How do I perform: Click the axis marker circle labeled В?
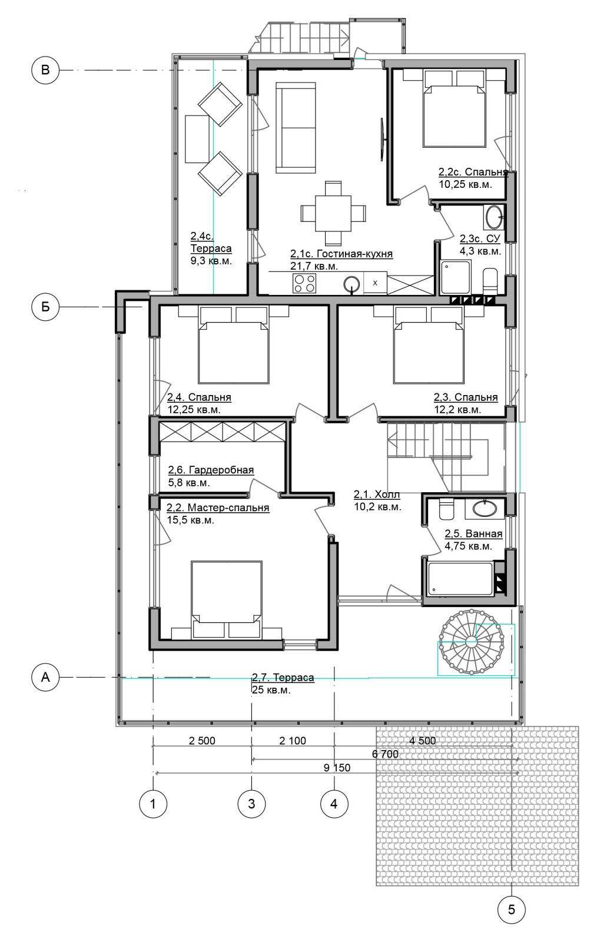pyautogui.click(x=45, y=70)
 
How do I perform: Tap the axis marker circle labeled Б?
pyautogui.click(x=45, y=307)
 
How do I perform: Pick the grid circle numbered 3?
pyautogui.click(x=251, y=804)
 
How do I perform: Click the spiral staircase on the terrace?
pyautogui.click(x=471, y=641)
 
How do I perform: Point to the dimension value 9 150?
pyautogui.click(x=337, y=768)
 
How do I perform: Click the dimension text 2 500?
pyautogui.click(x=202, y=741)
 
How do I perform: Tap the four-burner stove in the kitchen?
pyautogui.click(x=304, y=283)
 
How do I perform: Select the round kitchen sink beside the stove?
pyautogui.click(x=351, y=284)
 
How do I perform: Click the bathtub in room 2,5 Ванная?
pyautogui.click(x=459, y=579)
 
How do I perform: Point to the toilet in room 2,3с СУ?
pyautogui.click(x=489, y=281)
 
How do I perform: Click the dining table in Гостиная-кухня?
pyautogui.click(x=333, y=213)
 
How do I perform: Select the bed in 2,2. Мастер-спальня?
pyautogui.click(x=226, y=597)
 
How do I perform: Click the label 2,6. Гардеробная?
pyautogui.click(x=211, y=470)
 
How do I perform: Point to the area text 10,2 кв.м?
pyautogui.click(x=378, y=507)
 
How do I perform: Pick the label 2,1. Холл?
pyautogui.click(x=377, y=494)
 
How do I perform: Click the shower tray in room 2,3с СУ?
pyautogui.click(x=456, y=277)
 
